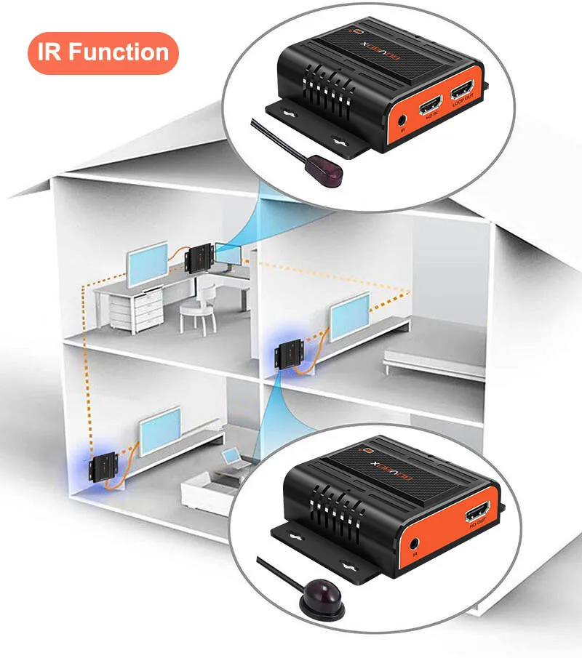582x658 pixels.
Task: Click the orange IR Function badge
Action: [103, 53]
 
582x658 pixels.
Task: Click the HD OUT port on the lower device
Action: [482, 516]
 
